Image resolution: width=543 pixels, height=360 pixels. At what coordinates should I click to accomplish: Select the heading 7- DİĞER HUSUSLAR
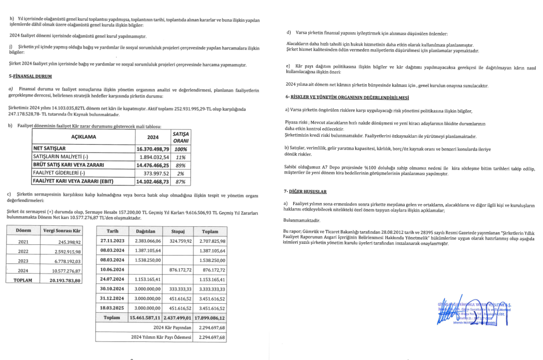(x=305, y=191)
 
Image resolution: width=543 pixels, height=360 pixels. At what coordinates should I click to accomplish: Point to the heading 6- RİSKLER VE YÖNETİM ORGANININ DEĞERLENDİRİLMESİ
(x=347, y=98)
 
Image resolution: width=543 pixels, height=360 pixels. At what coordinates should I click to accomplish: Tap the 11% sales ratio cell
(x=181, y=157)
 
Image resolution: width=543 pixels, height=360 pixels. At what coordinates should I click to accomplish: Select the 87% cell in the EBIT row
(x=181, y=181)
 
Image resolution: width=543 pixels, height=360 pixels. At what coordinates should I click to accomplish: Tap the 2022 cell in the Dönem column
(x=23, y=251)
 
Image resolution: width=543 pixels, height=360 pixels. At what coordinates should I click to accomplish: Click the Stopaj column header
(x=177, y=231)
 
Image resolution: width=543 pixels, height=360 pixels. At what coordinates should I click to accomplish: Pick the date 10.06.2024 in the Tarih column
(x=112, y=269)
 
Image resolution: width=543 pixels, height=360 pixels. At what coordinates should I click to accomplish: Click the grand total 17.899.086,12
(x=210, y=318)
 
